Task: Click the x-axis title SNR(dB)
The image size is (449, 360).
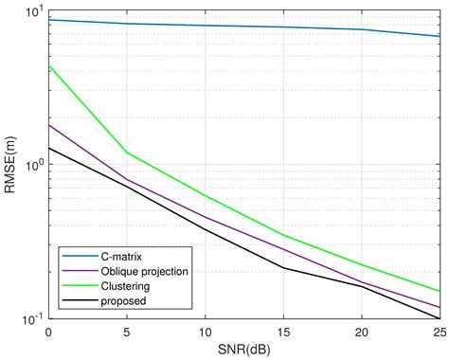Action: [x=243, y=350]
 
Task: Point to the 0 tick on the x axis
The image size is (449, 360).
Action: [x=48, y=333]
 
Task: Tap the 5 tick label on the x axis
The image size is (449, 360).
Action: [x=127, y=333]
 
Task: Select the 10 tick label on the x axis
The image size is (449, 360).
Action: [x=205, y=333]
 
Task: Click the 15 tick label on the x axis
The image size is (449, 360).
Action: [x=283, y=333]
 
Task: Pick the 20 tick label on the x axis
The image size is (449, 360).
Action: [x=361, y=333]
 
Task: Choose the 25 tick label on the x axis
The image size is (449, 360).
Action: [x=438, y=333]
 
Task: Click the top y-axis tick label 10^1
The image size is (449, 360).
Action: [x=33, y=11]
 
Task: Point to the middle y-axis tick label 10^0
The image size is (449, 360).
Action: [x=33, y=165]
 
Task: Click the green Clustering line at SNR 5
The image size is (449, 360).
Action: [x=127, y=153]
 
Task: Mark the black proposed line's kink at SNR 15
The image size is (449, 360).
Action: [x=283, y=268]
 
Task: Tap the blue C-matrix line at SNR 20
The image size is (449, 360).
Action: [x=361, y=29]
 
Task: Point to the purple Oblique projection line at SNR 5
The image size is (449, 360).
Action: [x=127, y=179]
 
